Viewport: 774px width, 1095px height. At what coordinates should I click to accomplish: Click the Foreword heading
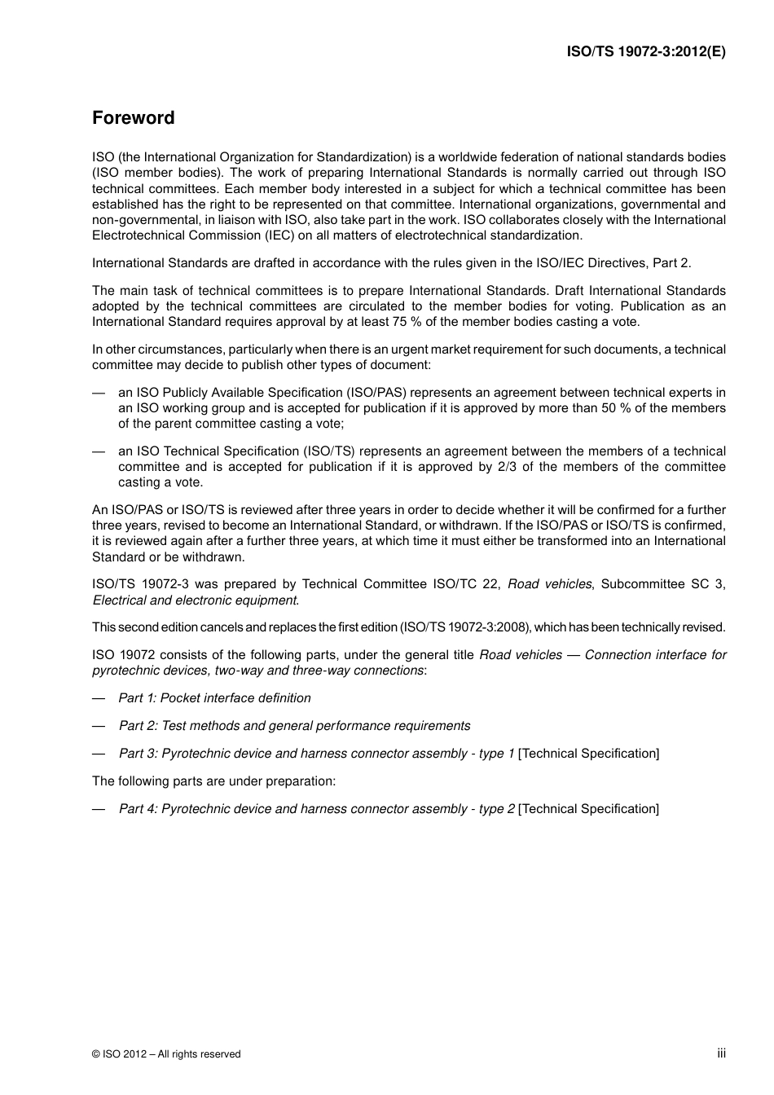[133, 118]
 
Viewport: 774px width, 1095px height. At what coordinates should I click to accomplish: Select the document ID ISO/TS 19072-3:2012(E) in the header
[646, 51]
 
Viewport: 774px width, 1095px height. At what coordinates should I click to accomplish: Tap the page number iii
[721, 1053]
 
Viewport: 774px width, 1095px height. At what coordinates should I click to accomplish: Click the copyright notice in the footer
[166, 1054]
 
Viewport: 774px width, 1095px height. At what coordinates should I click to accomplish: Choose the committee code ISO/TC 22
[456, 584]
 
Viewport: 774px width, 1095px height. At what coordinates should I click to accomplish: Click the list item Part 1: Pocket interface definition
[214, 698]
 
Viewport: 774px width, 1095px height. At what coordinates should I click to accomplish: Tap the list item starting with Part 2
[294, 726]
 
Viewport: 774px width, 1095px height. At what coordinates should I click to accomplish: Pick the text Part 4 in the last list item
[137, 809]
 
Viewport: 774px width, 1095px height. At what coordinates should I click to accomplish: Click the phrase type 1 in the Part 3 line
[496, 754]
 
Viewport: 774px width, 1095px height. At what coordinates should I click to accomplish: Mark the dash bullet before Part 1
[99, 698]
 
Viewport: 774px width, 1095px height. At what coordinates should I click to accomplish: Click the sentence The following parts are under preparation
[213, 781]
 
